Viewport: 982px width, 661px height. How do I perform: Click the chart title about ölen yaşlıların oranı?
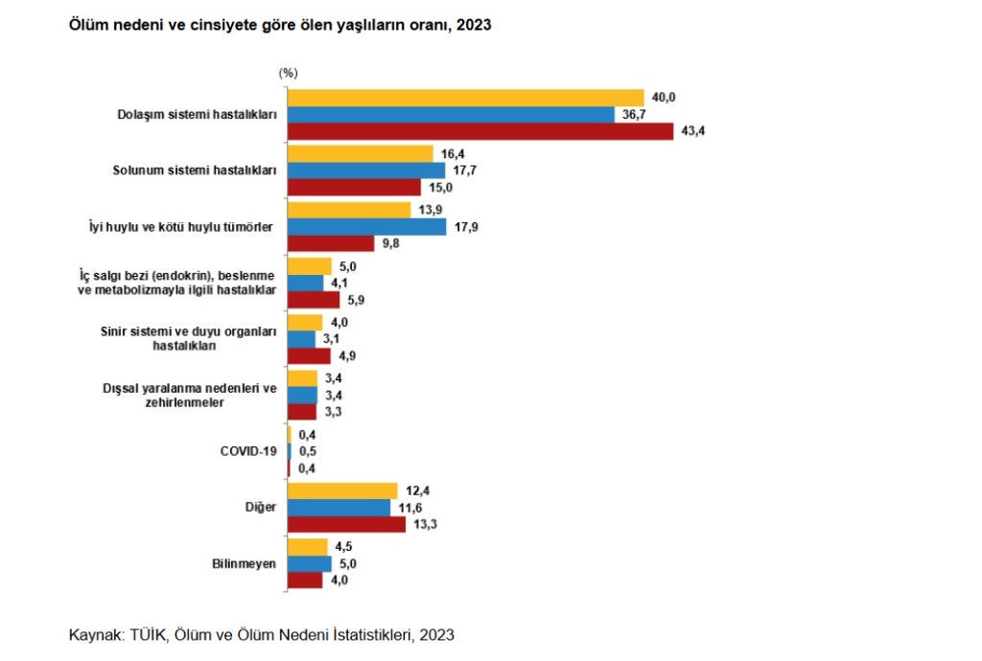coord(279,26)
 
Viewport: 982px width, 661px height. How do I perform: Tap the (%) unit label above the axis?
coord(289,73)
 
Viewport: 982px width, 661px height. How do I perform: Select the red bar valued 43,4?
coord(480,132)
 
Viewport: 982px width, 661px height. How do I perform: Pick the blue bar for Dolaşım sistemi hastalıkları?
coord(451,115)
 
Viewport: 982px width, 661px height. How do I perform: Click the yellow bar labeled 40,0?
coord(466,98)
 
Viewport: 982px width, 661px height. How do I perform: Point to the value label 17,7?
coord(465,171)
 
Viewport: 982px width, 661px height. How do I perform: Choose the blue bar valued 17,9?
coord(367,227)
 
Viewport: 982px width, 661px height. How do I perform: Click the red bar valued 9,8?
coord(331,244)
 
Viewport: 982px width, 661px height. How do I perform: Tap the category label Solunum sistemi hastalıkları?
coord(202,171)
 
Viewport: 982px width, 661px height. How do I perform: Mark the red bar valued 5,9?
coord(314,300)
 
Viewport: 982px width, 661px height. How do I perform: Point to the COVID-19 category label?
coord(248,450)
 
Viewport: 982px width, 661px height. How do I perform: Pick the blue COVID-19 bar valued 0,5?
coord(290,451)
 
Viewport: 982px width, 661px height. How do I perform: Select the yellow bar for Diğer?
coord(342,490)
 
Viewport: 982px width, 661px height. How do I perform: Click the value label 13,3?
coord(426,525)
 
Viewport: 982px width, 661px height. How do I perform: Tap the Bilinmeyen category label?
coord(244,563)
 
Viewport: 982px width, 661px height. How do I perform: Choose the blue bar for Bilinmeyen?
coord(310,563)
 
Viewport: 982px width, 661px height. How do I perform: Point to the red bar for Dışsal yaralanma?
coord(302,412)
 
